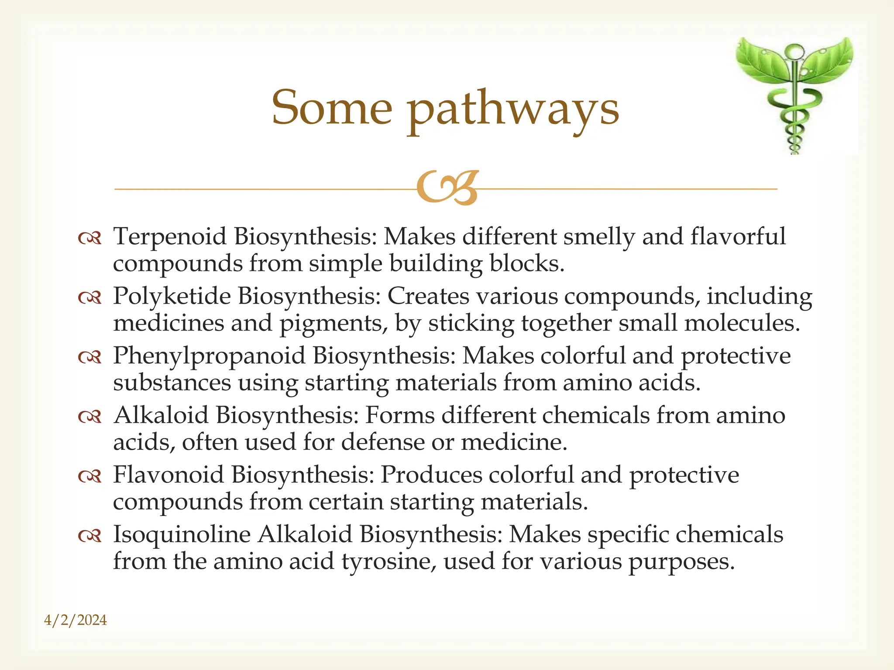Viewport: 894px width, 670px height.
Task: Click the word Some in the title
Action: click(332, 107)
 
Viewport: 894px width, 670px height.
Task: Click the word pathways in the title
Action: click(513, 109)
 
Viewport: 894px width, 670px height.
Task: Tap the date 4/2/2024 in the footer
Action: click(76, 620)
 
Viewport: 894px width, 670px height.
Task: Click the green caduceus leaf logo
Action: click(794, 94)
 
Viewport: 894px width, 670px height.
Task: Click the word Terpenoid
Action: click(170, 237)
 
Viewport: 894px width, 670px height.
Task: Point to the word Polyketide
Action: click(172, 297)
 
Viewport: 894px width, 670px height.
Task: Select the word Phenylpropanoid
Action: click(209, 356)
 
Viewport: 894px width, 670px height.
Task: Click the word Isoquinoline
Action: click(182, 535)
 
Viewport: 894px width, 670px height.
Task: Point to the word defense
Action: click(382, 442)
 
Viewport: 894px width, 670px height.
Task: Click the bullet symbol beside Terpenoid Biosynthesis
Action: click(89, 238)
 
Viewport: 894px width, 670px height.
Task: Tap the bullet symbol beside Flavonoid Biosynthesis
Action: click(89, 476)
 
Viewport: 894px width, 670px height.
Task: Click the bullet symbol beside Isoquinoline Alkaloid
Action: click(89, 536)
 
